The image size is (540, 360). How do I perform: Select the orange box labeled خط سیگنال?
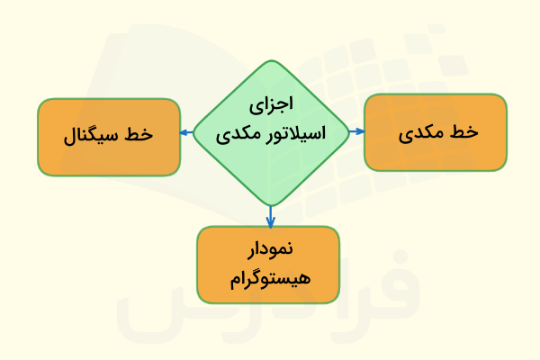pyautogui.click(x=109, y=137)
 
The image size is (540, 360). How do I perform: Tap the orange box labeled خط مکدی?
pyautogui.click(x=435, y=132)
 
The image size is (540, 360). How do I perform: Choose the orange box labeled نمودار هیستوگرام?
pyautogui.click(x=268, y=264)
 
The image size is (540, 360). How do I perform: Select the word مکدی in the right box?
pyautogui.click(x=419, y=133)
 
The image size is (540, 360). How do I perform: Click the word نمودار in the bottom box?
pyautogui.click(x=268, y=249)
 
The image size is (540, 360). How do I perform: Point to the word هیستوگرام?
pyautogui.click(x=268, y=279)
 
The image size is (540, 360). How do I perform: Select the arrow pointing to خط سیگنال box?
pyautogui.click(x=186, y=133)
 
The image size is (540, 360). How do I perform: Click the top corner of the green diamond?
pyautogui.click(x=270, y=61)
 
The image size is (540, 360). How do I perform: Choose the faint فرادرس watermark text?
pyautogui.click(x=270, y=297)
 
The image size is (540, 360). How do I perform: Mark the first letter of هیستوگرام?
pyautogui.click(x=301, y=279)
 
